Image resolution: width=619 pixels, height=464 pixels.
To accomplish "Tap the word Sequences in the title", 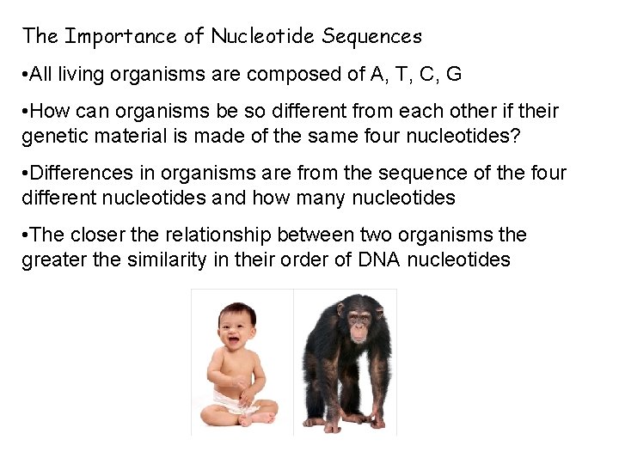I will [372, 37].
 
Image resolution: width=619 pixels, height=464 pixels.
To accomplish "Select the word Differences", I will [74, 174].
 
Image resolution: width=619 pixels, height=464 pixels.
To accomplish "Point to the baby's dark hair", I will [237, 308].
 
